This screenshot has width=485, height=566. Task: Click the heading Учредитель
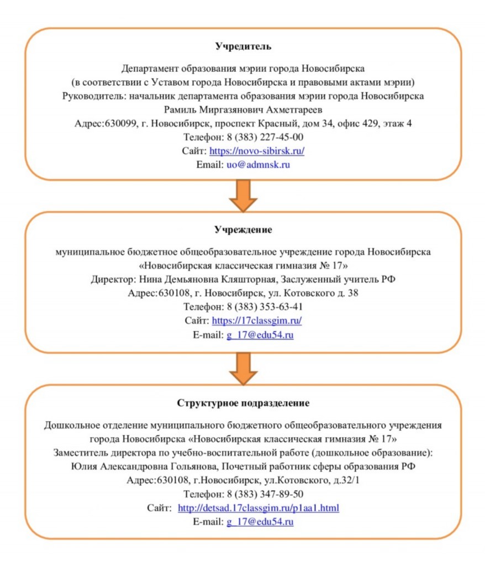(242, 46)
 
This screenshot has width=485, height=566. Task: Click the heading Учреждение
(242, 229)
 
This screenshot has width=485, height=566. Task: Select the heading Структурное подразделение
(242, 402)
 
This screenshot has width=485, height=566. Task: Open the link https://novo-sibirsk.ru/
(257, 151)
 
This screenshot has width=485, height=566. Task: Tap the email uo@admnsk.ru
(259, 165)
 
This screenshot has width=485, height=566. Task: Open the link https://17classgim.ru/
(257, 321)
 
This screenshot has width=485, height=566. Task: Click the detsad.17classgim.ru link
(259, 507)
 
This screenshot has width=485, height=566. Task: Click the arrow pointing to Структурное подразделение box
(242, 368)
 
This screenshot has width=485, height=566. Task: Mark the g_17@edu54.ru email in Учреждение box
(260, 335)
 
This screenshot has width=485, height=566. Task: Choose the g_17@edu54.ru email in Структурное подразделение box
(260, 521)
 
